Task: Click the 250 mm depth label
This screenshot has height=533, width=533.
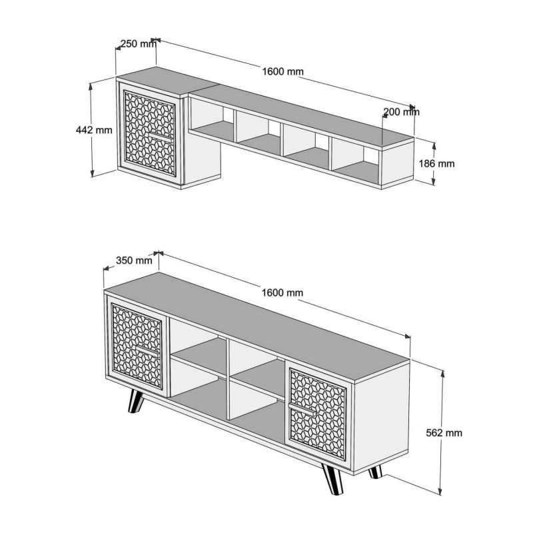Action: click(137, 44)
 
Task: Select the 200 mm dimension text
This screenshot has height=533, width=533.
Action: click(401, 112)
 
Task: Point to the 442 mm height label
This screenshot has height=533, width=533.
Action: click(94, 130)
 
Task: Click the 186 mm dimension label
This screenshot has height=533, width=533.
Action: click(436, 163)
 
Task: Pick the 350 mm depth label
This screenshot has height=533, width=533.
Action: click(134, 261)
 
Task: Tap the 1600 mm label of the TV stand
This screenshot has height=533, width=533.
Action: click(282, 292)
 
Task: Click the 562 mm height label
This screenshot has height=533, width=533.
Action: click(462, 433)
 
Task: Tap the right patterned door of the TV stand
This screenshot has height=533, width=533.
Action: click(317, 412)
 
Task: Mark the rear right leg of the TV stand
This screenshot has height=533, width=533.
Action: click(375, 472)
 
